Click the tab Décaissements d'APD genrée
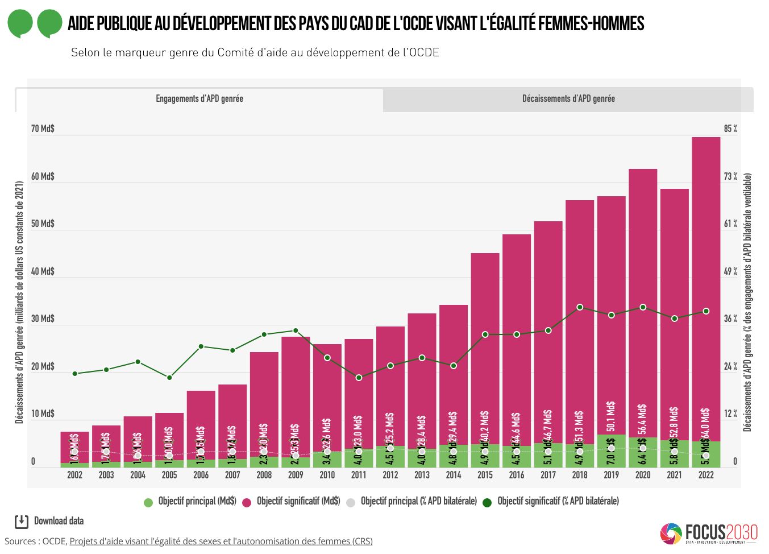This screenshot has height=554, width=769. coord(568,99)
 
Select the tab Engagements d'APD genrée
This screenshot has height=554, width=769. coord(199,99)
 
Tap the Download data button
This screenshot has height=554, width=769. coord(49,521)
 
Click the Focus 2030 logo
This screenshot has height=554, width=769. coord(709,533)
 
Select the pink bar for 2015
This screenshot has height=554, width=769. coord(485,341)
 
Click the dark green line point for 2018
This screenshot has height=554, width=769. coord(580,307)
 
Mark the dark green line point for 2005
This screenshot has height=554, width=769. coord(169,377)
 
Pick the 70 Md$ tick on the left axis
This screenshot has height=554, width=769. coord(43,129)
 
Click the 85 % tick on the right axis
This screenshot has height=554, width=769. coord(730,129)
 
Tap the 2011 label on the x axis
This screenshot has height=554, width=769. coord(359,475)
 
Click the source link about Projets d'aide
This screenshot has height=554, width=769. coord(221,541)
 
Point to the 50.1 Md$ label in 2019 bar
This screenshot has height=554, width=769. coord(611,416)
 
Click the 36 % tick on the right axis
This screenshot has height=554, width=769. coord(730,319)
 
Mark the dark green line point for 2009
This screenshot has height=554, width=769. coord(296,330)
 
